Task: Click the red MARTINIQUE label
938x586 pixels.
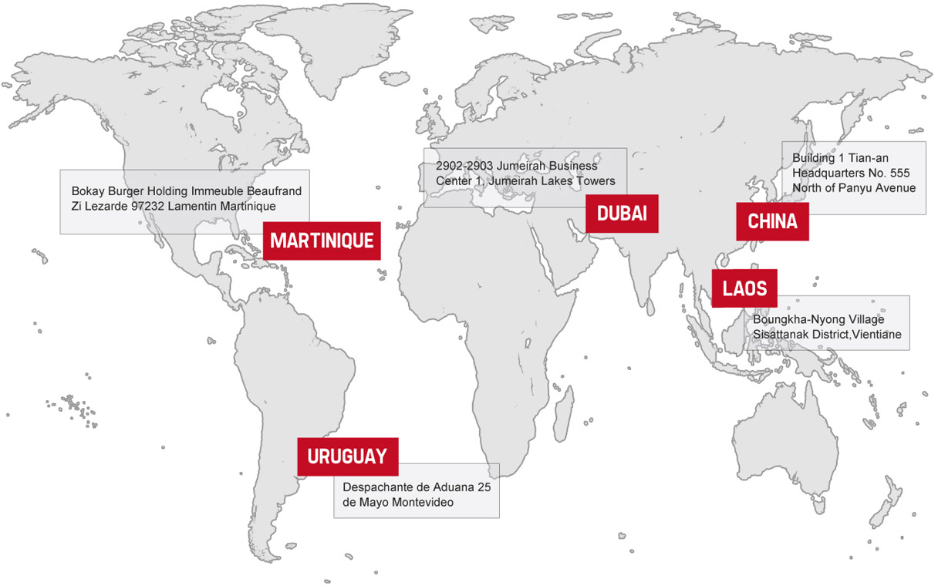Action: point(322,241)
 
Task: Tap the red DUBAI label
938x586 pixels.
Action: point(622,214)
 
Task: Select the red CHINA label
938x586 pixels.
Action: point(772,222)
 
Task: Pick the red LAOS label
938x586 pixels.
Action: point(744,288)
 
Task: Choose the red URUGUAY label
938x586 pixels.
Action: point(347,456)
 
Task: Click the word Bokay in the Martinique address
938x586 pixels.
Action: point(88,190)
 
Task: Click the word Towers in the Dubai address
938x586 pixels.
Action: point(595,181)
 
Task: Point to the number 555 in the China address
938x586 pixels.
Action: point(902,173)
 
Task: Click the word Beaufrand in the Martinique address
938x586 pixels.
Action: point(274,190)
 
